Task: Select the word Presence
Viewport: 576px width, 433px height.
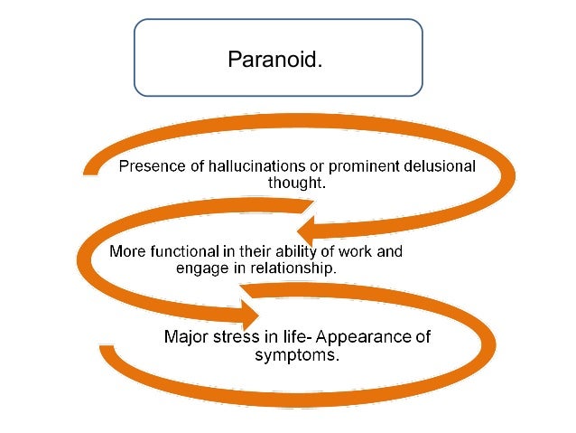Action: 151,167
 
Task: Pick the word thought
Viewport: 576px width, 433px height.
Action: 296,183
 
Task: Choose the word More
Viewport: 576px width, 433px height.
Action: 128,251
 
